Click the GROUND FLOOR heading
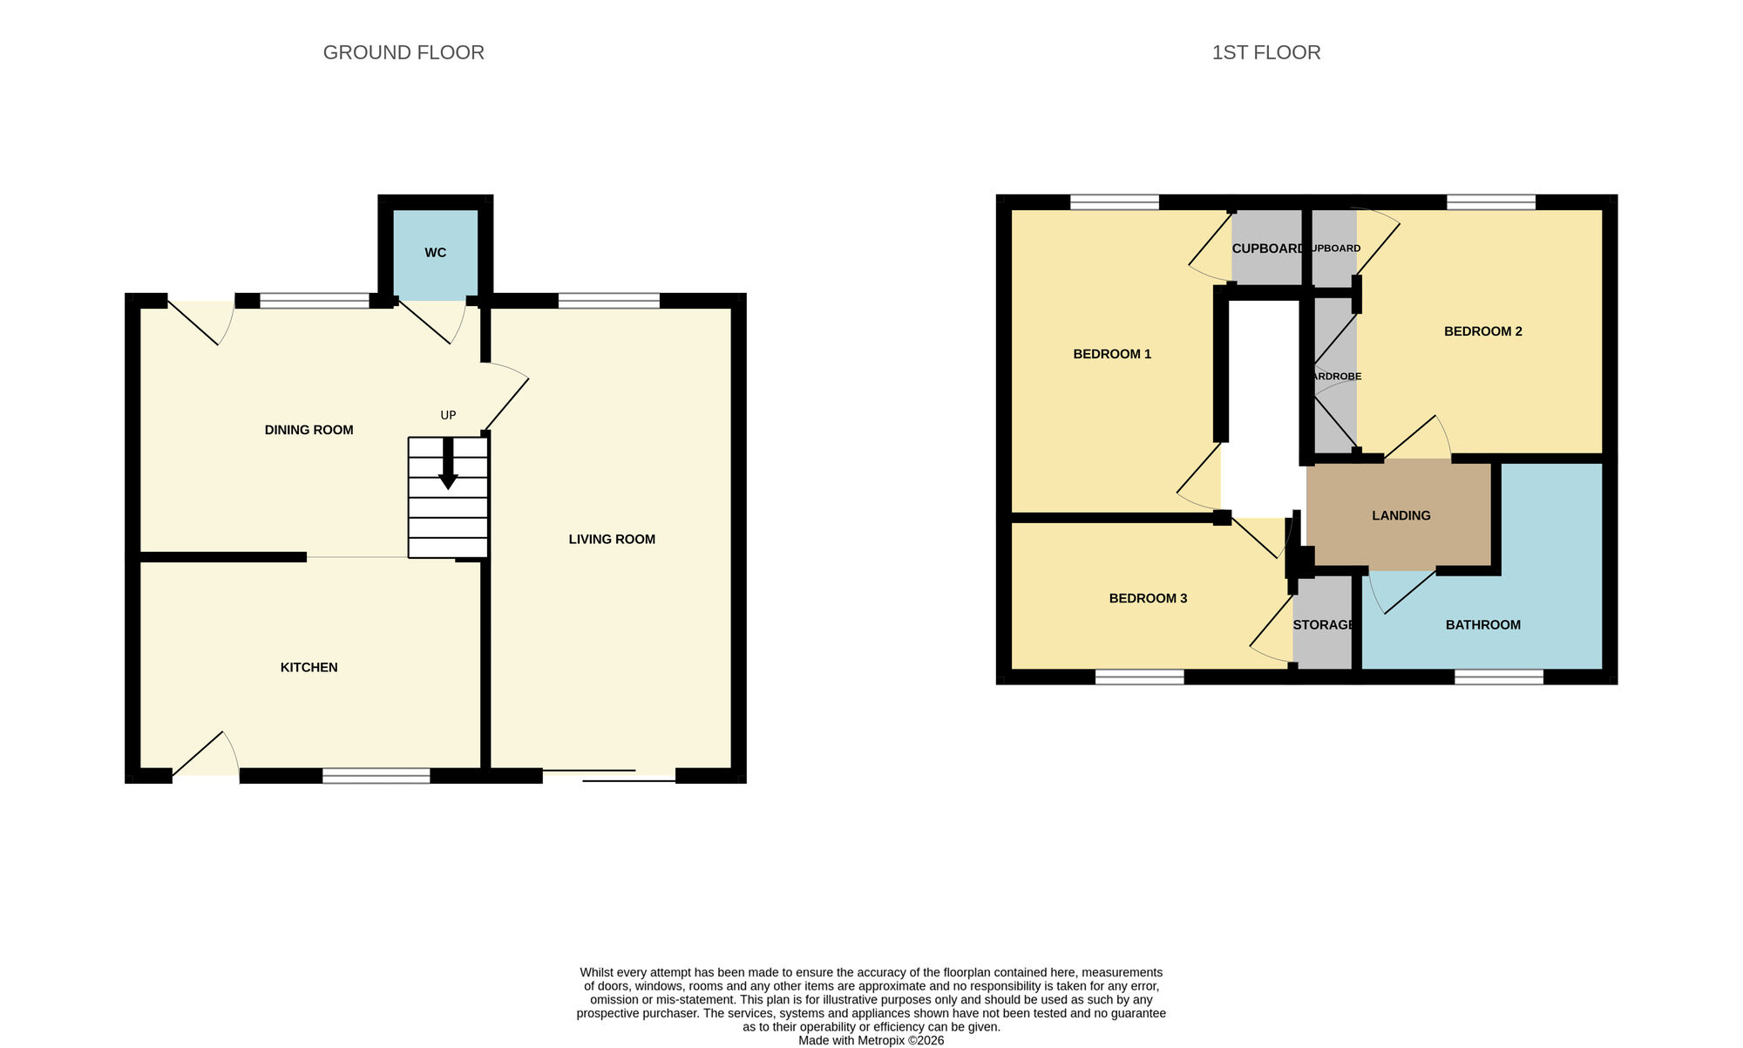point(404,52)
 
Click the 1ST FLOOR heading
point(1265,52)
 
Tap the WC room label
point(435,253)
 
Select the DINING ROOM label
point(309,430)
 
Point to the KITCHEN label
point(309,668)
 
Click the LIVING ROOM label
point(612,540)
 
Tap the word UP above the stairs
point(448,416)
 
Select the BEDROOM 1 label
point(1111,354)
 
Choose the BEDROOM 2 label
point(1482,331)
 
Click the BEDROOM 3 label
point(1148,598)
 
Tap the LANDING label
point(1401,515)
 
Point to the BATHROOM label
point(1482,625)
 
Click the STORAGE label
point(1323,625)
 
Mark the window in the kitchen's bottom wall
point(376,776)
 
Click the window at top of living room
point(608,301)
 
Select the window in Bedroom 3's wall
point(1139,677)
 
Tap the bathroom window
point(1498,677)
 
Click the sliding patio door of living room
point(609,776)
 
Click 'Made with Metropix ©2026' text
point(871,1040)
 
